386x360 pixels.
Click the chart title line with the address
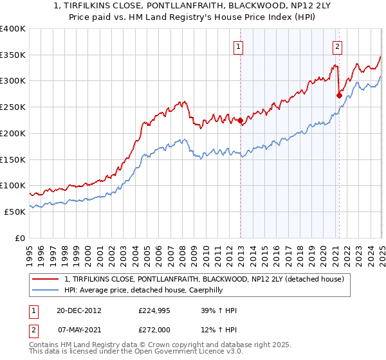[x=193, y=6]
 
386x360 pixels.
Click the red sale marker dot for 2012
[x=240, y=120]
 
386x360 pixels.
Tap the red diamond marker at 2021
[x=339, y=95]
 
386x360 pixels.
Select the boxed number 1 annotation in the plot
[x=238, y=46]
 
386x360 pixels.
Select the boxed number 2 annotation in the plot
[x=337, y=46]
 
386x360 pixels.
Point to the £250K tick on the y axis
[x=14, y=107]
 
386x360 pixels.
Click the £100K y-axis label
[x=14, y=185]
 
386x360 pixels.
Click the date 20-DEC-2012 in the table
[x=78, y=310]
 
